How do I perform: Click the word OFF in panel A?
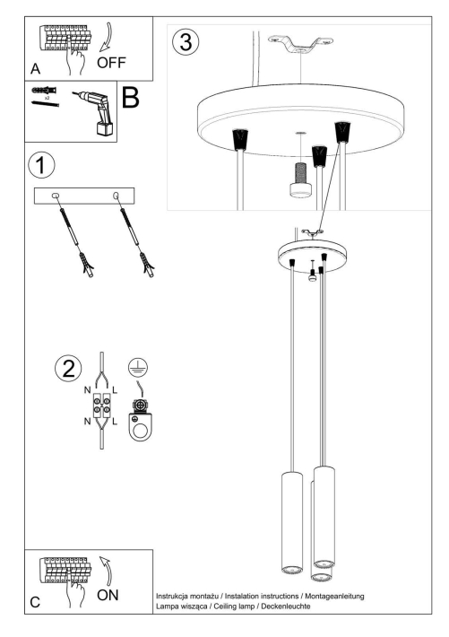(x=113, y=63)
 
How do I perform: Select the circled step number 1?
(x=39, y=165)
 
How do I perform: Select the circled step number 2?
(x=66, y=370)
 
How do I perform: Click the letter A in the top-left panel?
(x=35, y=67)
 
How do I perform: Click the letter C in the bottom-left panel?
(x=34, y=604)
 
